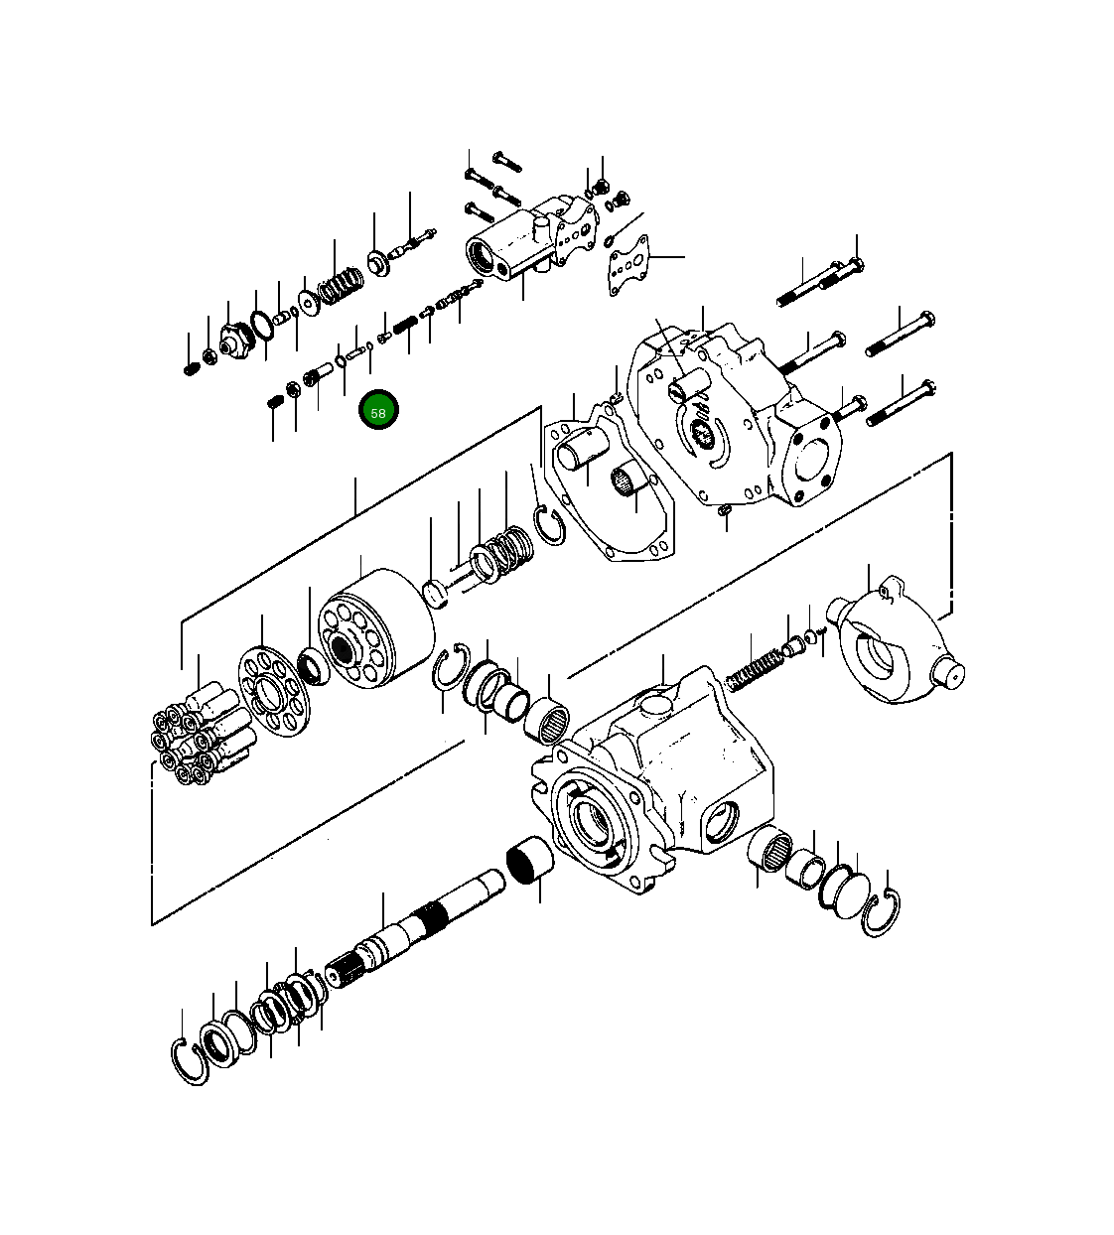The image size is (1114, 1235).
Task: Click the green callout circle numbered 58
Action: click(x=378, y=411)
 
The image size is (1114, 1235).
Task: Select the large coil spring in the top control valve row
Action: click(x=338, y=287)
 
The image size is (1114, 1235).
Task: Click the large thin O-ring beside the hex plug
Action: click(x=260, y=325)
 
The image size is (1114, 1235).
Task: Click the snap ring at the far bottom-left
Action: click(x=190, y=1060)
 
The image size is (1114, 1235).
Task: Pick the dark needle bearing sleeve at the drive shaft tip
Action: click(x=529, y=859)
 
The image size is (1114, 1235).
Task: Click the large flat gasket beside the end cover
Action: click(x=606, y=486)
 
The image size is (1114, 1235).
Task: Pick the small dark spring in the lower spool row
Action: click(x=405, y=325)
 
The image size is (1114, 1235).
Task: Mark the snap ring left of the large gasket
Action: click(x=549, y=524)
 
